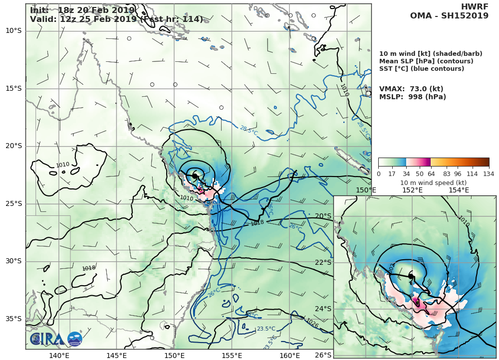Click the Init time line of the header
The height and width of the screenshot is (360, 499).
click(82, 10)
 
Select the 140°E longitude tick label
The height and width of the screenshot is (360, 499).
click(59, 356)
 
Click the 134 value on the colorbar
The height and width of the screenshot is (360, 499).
click(489, 174)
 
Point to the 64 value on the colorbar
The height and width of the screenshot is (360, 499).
click(431, 174)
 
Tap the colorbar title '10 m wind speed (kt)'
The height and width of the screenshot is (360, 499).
click(434, 182)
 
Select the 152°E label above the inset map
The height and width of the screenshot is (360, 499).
click(412, 190)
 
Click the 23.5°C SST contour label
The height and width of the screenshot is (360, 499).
click(266, 329)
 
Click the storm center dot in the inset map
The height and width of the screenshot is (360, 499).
click(411, 276)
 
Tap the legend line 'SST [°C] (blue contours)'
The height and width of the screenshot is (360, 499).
click(422, 69)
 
